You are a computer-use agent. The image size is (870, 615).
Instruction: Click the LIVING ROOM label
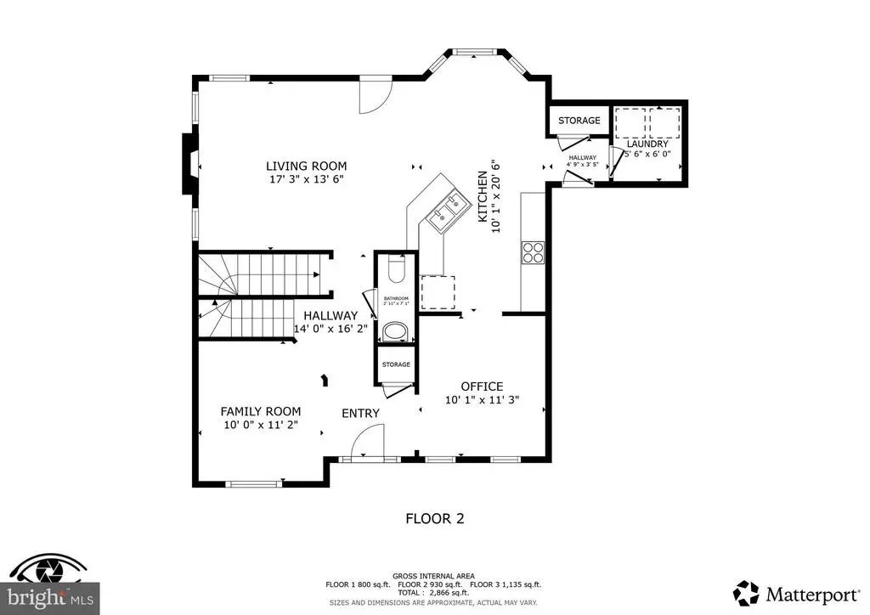point(306,166)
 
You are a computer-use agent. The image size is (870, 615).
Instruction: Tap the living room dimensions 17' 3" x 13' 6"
point(306,179)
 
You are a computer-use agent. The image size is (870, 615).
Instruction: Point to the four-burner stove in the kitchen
point(533,252)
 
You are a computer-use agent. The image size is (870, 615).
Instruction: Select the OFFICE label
point(482,386)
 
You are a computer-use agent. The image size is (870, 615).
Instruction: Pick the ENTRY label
point(360,414)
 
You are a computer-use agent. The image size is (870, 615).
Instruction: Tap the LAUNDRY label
point(648,144)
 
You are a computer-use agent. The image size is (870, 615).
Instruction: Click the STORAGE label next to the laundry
point(579,121)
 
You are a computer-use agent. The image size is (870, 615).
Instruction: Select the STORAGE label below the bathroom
point(396,364)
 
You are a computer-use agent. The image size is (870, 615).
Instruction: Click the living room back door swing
point(374,95)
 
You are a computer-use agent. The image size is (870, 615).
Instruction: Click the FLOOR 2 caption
point(434,517)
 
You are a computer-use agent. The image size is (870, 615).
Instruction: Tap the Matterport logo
point(794,593)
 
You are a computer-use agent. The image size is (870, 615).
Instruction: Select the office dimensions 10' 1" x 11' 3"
point(482,400)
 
